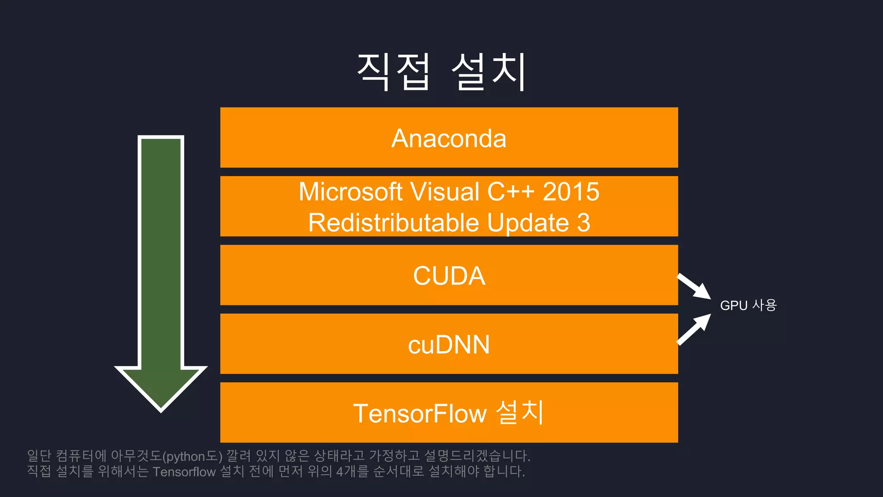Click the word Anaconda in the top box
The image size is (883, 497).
[x=448, y=138]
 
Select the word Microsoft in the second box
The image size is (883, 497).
[x=351, y=192]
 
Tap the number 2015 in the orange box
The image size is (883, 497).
[x=571, y=192]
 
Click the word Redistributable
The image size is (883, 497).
[x=393, y=223]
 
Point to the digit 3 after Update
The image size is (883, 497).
[x=583, y=223]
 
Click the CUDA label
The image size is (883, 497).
[x=449, y=276]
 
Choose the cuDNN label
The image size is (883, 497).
[x=449, y=345]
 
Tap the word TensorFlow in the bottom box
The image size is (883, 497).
[x=420, y=413]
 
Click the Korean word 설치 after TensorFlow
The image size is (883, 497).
[x=520, y=412]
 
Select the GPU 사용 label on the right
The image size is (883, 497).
[x=748, y=305]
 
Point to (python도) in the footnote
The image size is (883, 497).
[x=192, y=456]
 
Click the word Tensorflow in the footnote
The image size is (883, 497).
[x=184, y=472]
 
